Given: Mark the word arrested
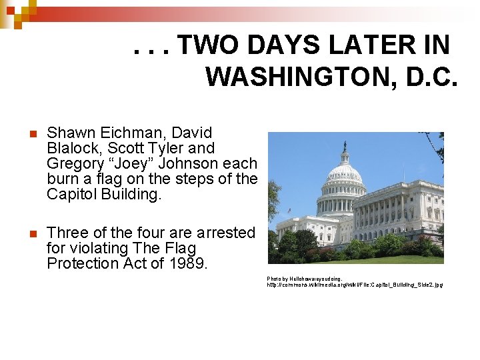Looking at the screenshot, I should pyautogui.click(x=223, y=233).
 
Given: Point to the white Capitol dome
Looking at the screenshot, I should pyautogui.click(x=344, y=175).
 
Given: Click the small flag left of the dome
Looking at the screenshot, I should pyautogui.click(x=290, y=210).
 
